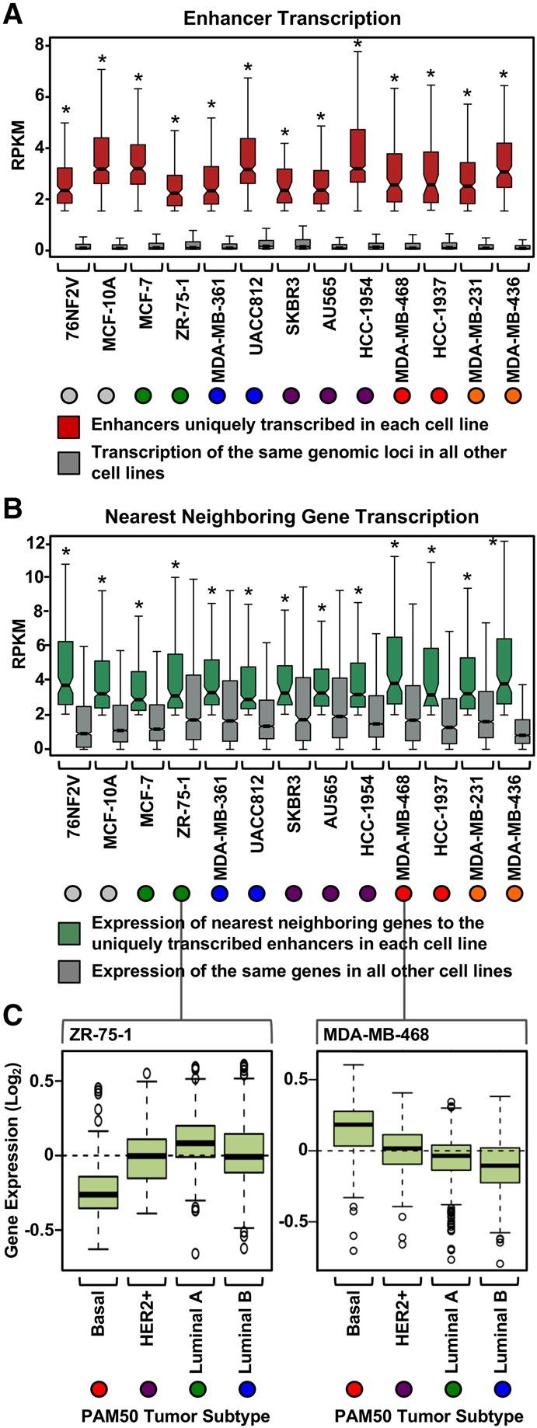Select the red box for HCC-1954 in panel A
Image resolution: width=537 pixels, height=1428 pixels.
point(357,155)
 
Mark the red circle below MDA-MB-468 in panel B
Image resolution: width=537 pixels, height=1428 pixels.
point(403,893)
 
